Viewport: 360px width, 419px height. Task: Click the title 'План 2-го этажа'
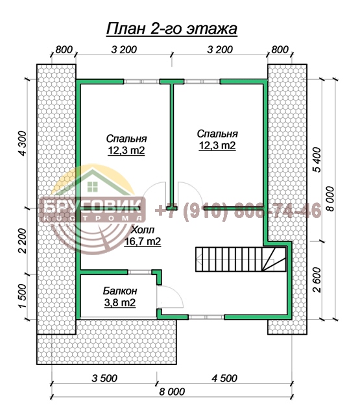point(172,29)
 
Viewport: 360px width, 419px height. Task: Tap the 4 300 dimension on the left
point(23,143)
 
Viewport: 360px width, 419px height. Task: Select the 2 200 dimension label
point(23,241)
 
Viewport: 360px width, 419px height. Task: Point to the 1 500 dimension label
point(23,296)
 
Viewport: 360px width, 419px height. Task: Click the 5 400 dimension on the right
point(318,160)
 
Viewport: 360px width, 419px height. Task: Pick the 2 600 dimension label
point(318,280)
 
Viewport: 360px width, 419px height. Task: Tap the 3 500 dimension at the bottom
point(104,378)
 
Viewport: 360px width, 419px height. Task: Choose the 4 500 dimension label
point(224,378)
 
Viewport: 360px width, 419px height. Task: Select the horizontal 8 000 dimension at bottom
point(172,392)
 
